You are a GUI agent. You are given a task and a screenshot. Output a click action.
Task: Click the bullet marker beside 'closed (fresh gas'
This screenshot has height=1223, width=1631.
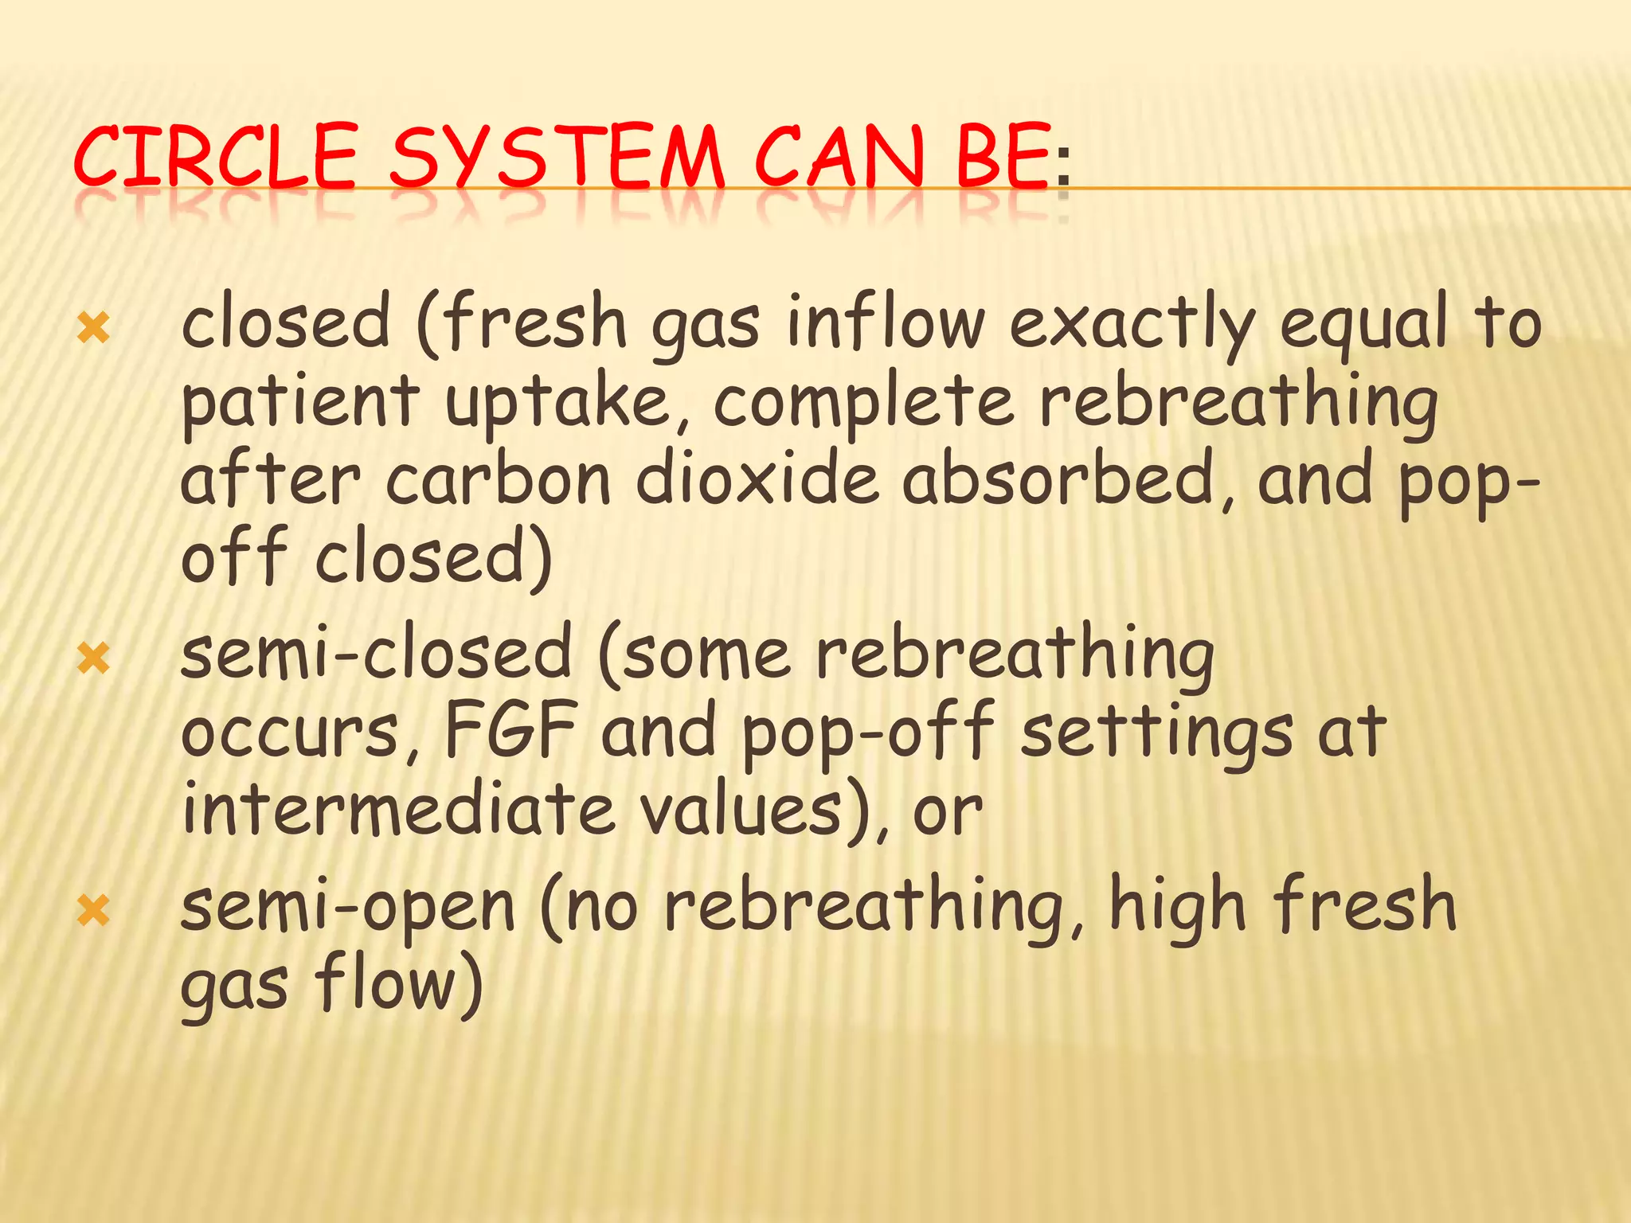coord(94,328)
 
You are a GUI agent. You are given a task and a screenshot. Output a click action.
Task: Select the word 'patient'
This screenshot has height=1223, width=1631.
coord(299,402)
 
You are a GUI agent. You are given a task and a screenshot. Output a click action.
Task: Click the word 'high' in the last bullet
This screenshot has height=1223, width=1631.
coord(1177,908)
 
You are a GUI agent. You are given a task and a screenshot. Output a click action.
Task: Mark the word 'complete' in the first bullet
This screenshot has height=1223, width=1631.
coord(863,402)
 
